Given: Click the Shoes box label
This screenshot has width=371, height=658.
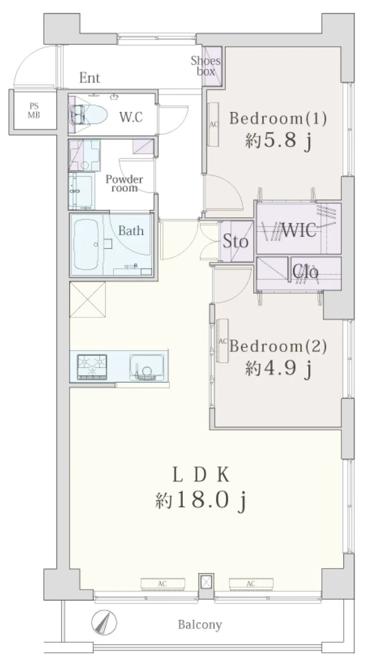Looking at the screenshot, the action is pyautogui.click(x=206, y=66).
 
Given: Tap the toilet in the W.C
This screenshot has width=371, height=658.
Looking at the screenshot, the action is pyautogui.click(x=88, y=114).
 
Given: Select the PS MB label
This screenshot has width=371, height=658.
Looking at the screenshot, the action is pyautogui.click(x=34, y=111).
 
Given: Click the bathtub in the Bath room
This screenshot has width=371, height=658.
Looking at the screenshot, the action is pyautogui.click(x=86, y=244).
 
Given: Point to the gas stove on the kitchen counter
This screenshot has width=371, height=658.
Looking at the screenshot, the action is pyautogui.click(x=92, y=367).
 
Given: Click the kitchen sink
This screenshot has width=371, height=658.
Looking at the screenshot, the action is pyautogui.click(x=146, y=367).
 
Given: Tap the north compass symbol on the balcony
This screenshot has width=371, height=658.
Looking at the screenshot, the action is pyautogui.click(x=104, y=621).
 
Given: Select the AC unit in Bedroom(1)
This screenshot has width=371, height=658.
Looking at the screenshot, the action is pyautogui.click(x=213, y=124).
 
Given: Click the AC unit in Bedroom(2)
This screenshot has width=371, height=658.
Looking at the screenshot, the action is pyautogui.click(x=222, y=340).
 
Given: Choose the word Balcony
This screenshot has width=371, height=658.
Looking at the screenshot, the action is pyautogui.click(x=200, y=625).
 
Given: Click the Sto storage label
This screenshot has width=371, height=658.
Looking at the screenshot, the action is pyautogui.click(x=235, y=241).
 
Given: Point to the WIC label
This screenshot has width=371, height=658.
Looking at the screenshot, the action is pyautogui.click(x=299, y=230).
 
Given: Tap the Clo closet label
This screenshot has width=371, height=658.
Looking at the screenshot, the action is pyautogui.click(x=306, y=272).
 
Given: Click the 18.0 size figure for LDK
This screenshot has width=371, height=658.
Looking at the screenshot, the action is pyautogui.click(x=198, y=500).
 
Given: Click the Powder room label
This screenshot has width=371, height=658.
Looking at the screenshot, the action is pyautogui.click(x=124, y=184).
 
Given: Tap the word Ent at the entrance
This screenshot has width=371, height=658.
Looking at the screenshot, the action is pyautogui.click(x=90, y=78).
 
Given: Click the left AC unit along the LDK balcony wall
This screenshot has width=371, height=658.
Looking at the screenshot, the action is pyautogui.click(x=163, y=583).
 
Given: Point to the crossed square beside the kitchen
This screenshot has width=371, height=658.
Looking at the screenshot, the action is pyautogui.click(x=87, y=299).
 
